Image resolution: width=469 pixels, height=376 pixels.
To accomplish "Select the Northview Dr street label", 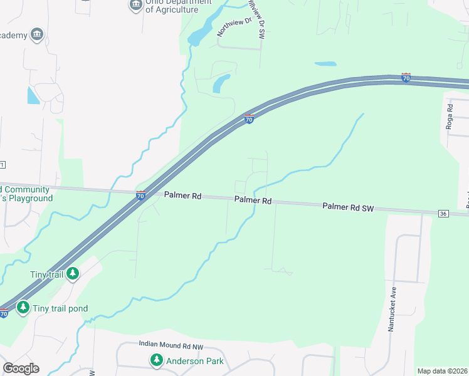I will point(233,27).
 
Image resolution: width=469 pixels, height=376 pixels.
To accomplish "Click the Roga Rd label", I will point(449,117).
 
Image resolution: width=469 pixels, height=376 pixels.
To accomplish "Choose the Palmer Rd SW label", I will point(348,207).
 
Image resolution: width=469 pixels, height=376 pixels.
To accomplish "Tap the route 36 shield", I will point(444,214).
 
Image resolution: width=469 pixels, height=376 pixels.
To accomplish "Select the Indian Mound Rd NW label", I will point(169,345).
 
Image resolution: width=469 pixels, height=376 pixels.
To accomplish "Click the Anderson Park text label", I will point(194,361).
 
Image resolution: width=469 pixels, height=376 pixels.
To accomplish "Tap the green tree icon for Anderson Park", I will point(156,360).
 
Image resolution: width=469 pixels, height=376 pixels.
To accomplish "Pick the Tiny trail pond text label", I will point(60,308).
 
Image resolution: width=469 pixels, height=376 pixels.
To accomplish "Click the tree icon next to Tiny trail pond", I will point(23,307).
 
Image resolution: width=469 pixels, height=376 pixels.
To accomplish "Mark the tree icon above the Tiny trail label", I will point(73,274).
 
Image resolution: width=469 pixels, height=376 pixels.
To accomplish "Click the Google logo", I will point(21,368).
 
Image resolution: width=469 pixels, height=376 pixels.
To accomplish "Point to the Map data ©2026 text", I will point(442,371).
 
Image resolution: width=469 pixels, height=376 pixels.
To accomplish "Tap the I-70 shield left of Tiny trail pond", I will point(4,313).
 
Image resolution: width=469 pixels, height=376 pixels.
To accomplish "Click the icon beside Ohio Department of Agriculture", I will point(135,6).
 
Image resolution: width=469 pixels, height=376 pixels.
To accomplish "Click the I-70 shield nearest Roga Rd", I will point(406,77).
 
